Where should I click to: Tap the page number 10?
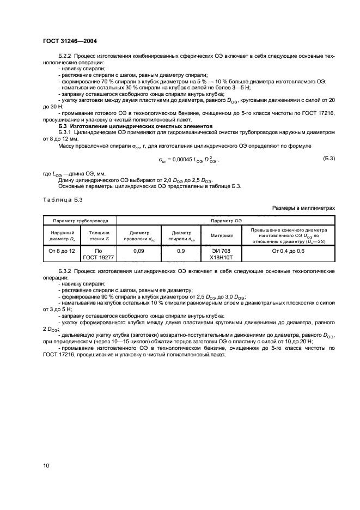46,465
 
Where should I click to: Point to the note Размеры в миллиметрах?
302,208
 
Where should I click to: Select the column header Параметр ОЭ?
227,221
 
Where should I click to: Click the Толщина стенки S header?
99,235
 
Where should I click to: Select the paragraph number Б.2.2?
65,56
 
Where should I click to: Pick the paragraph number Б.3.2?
65,271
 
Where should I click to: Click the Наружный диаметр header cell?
61,235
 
